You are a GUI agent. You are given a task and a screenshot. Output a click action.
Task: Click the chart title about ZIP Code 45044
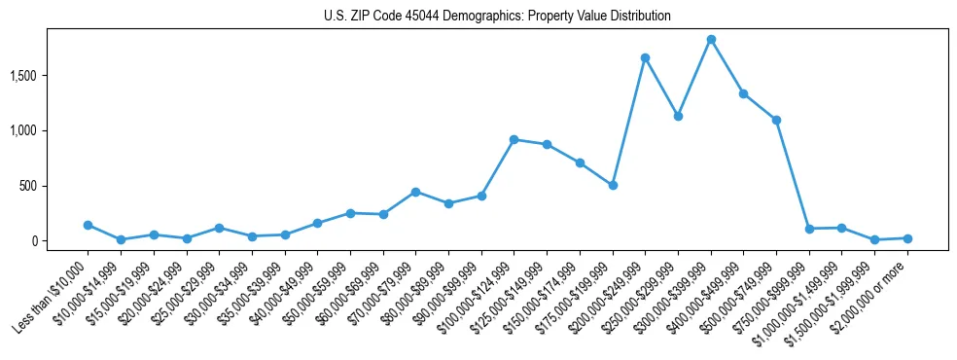[497, 17]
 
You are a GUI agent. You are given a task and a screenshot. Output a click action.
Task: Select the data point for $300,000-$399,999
[711, 40]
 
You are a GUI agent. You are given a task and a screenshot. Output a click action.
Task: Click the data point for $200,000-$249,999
[645, 57]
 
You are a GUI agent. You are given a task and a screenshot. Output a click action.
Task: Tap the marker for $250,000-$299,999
[678, 116]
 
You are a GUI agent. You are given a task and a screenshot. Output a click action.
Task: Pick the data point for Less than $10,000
[88, 225]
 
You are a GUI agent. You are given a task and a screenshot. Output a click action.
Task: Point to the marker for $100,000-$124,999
[514, 139]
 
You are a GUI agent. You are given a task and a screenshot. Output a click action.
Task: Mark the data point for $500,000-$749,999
[776, 120]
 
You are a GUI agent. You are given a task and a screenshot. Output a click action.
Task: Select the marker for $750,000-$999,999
[809, 229]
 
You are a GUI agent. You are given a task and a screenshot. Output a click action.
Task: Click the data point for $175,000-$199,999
[613, 185]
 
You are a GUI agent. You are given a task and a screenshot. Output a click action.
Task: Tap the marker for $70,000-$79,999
[415, 192]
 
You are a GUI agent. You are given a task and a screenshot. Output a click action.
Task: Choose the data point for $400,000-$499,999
[743, 93]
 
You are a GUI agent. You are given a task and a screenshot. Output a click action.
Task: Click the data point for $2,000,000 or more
[907, 238]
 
